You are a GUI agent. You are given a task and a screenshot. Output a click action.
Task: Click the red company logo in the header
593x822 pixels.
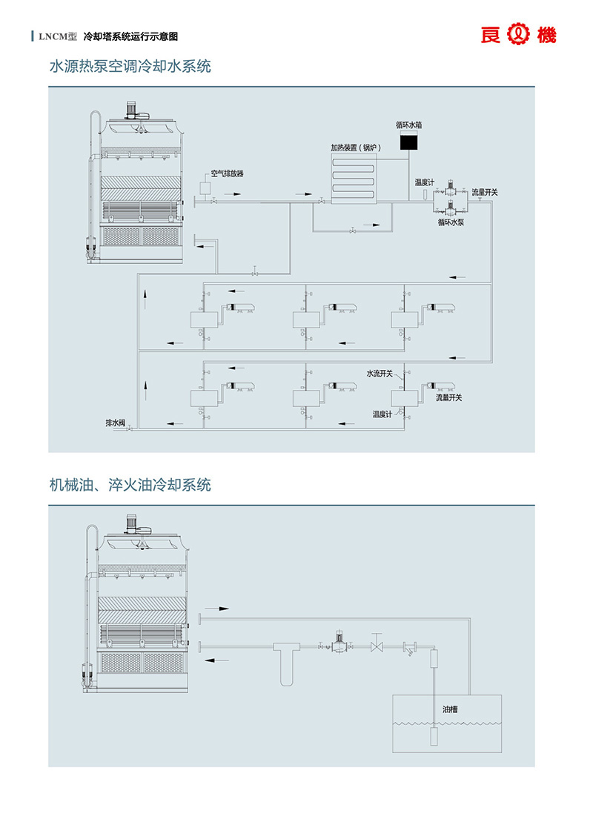click(518, 35)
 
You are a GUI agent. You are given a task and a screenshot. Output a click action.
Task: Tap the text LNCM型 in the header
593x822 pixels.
click(57, 36)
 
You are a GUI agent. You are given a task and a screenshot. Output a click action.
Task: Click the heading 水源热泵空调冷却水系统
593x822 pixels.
click(130, 67)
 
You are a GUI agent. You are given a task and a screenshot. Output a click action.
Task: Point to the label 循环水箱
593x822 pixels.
click(408, 125)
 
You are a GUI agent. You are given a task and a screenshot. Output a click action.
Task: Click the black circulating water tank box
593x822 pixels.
click(408, 142)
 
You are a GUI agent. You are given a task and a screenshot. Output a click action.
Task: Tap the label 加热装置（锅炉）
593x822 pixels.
click(354, 148)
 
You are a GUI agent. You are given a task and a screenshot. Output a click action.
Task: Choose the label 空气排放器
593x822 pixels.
click(227, 174)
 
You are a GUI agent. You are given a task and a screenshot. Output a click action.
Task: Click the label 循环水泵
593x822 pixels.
click(451, 221)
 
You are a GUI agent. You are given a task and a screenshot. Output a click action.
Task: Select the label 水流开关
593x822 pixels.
click(380, 374)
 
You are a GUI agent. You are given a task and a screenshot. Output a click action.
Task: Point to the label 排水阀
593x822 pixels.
click(115, 423)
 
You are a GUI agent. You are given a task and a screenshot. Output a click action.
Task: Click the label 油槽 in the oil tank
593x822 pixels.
click(450, 709)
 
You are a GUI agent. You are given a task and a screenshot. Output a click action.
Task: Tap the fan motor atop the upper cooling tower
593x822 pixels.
click(136, 110)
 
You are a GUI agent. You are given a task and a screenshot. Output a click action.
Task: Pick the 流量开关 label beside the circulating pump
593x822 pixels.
click(485, 192)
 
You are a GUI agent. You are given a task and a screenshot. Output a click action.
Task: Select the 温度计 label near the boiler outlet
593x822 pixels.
click(425, 182)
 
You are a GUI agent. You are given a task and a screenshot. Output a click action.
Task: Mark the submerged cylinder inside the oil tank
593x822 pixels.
click(434, 738)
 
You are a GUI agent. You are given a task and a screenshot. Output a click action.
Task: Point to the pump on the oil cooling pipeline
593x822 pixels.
click(339, 643)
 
